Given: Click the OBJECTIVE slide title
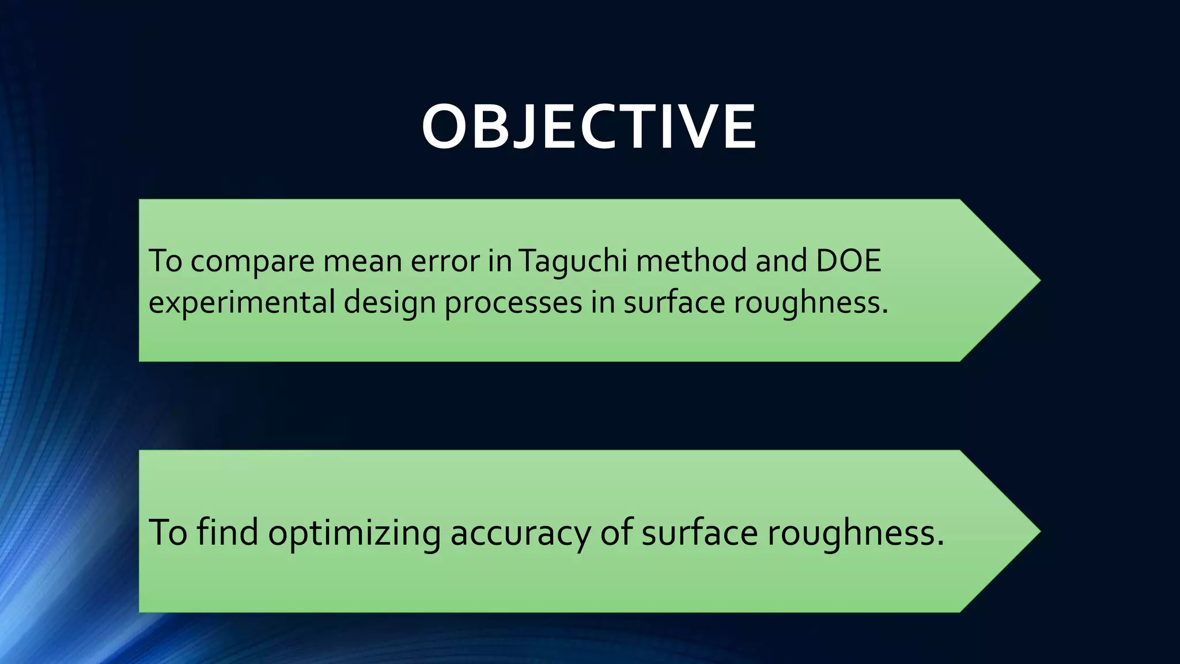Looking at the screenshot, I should [589, 127].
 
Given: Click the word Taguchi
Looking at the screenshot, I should [573, 261].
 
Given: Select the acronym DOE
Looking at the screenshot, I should [849, 261].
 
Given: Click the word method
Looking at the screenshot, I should [691, 261].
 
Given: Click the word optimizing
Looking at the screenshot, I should [354, 533].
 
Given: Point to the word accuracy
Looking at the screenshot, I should [520, 533].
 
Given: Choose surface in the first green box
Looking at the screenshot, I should [674, 302].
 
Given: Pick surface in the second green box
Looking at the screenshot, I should [699, 532].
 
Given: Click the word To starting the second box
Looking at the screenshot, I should [168, 532].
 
